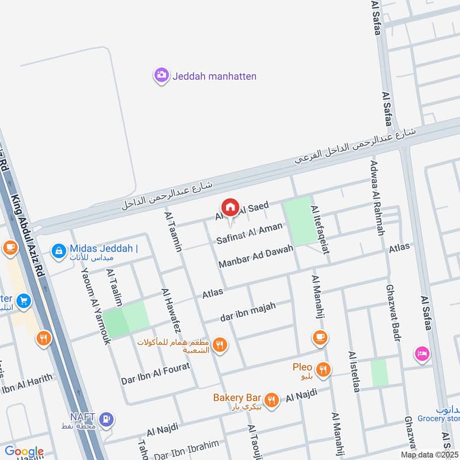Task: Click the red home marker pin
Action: [x=230, y=208]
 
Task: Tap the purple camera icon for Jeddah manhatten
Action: [x=161, y=75]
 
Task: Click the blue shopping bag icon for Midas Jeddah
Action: [x=58, y=251]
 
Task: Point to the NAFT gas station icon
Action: [x=105, y=419]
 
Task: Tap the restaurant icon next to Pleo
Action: [x=324, y=369]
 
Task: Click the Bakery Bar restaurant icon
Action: [x=271, y=399]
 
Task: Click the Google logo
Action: [x=24, y=451]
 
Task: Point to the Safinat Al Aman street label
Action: [x=250, y=233]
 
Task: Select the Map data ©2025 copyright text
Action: [x=430, y=454]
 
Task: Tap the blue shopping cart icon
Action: [x=24, y=301]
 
